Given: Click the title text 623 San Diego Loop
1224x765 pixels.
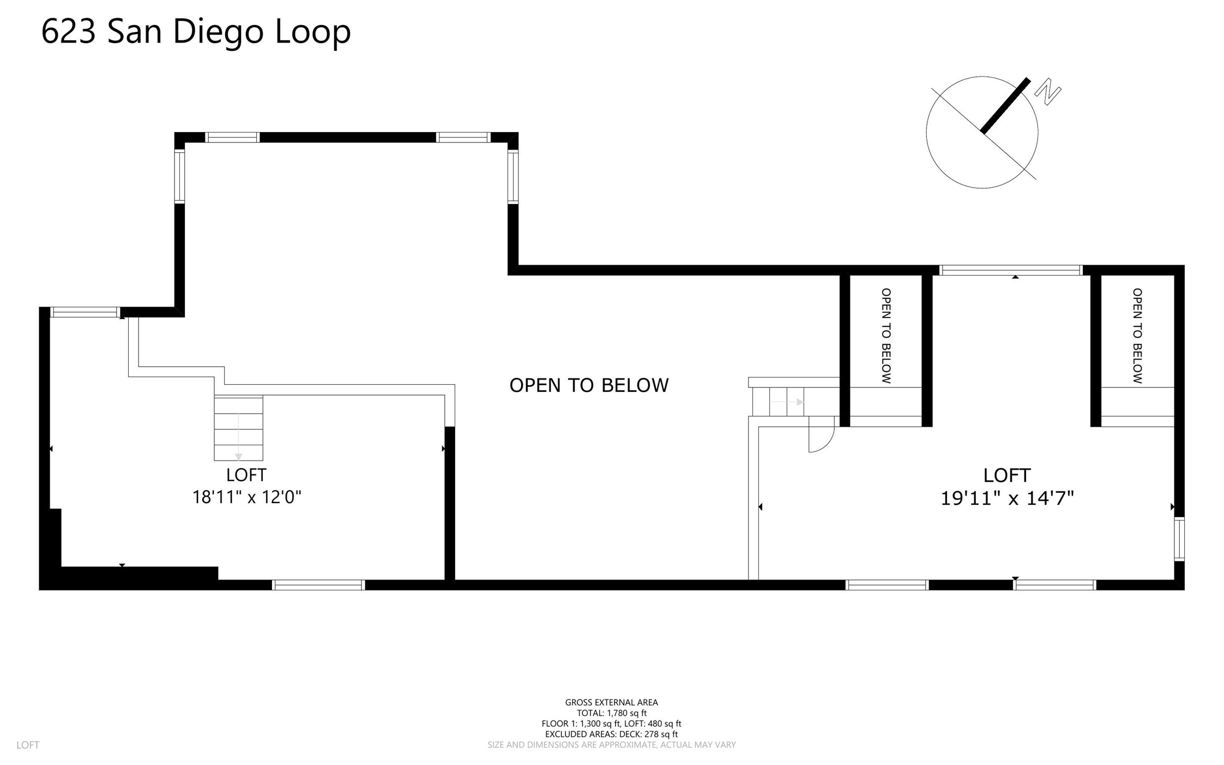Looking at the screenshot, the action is point(196,32).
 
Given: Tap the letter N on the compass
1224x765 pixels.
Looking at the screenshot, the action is point(1047,92).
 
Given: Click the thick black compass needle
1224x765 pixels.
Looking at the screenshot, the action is point(1005,105).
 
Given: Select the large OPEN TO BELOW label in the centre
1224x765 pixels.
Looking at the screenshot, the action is point(589,385).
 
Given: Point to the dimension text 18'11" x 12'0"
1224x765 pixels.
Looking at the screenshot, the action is point(246,497).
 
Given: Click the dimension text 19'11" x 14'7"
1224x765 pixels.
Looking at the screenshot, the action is point(1007,498).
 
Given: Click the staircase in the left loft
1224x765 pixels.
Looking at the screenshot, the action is point(238,428).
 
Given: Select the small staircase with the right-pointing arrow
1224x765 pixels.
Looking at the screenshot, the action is point(779,402).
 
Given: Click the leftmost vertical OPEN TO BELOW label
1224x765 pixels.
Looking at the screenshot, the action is point(886,336).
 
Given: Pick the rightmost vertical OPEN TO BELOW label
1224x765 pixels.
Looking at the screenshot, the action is point(1137,336).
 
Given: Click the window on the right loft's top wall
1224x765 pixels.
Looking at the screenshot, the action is point(1011,270).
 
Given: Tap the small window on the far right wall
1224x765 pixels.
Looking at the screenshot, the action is point(1179,539).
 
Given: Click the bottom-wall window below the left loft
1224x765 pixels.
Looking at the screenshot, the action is point(319,585).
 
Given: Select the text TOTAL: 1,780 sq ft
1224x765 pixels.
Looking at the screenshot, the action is point(612,713).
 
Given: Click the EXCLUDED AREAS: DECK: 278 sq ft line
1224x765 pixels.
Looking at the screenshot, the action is point(612,734).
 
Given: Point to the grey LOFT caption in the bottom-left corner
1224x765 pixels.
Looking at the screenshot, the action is point(28,745).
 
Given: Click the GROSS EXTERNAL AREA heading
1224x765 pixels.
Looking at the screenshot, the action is point(612,703).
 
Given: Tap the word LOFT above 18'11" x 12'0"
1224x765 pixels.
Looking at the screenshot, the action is point(246,475).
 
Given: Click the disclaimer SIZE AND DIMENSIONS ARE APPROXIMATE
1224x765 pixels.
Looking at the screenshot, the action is point(612,745).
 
